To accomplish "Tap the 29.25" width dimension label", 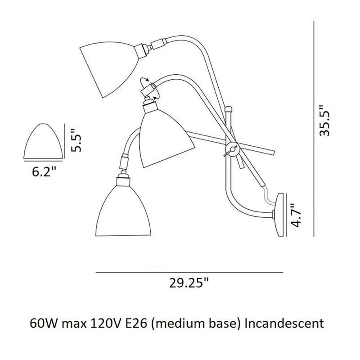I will [189, 284].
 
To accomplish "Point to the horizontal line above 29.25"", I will [189, 273].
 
